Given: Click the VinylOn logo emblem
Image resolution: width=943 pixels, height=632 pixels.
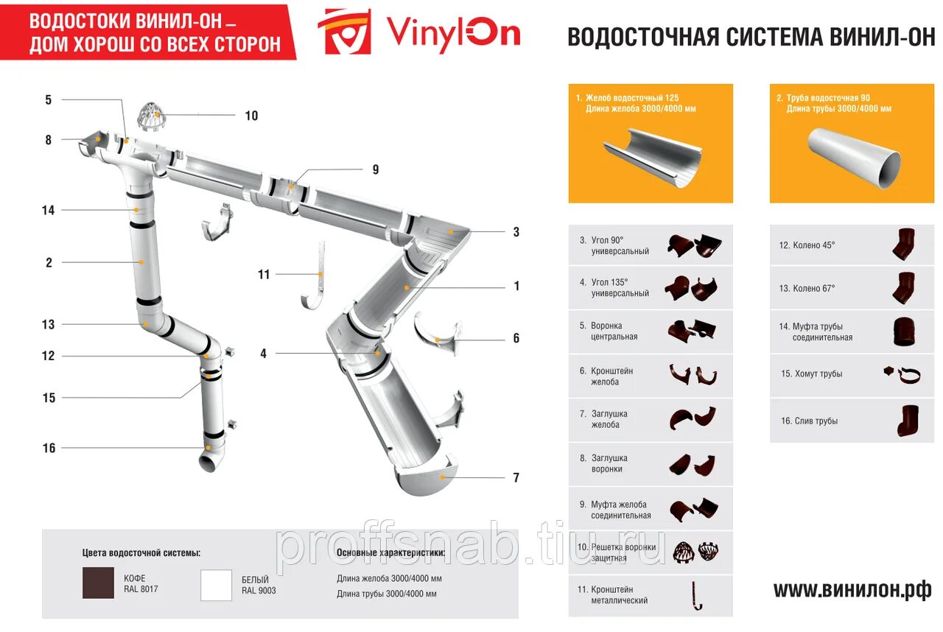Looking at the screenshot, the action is click(x=344, y=32).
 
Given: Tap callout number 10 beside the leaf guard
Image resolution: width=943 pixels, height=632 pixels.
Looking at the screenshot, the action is click(x=251, y=116).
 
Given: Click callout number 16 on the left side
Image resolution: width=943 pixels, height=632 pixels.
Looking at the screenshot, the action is click(x=49, y=448).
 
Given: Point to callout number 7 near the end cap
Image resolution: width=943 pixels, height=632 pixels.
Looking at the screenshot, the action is click(x=516, y=477).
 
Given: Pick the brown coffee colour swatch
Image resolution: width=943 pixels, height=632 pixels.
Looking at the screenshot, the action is click(x=98, y=583).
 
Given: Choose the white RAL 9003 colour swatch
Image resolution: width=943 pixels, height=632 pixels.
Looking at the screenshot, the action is click(x=217, y=585).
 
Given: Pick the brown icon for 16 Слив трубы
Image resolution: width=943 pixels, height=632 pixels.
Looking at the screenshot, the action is click(x=905, y=421).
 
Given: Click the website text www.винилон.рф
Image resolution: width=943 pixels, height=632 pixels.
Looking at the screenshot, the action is click(x=852, y=590).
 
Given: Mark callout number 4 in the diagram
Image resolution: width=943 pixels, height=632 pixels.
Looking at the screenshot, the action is click(x=263, y=354).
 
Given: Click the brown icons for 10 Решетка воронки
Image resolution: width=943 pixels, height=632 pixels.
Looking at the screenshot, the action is click(x=695, y=552).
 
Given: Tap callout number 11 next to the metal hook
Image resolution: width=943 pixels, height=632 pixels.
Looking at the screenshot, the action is click(x=264, y=275).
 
